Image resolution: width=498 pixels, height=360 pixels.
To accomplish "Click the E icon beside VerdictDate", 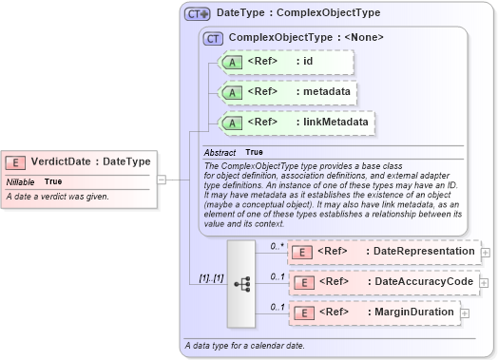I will tap(16, 161).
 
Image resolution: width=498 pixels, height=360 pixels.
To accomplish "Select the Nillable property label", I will tap(21, 180).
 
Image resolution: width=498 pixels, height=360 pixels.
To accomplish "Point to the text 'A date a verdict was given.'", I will tap(58, 197).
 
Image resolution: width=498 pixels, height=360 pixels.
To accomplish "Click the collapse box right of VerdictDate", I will tap(161, 179).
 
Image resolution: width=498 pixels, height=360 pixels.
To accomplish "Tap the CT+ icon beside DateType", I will tap(197, 14).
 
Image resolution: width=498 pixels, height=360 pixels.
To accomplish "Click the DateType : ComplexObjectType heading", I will tap(285, 14).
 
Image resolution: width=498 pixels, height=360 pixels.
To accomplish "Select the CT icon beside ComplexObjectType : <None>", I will tap(214, 39).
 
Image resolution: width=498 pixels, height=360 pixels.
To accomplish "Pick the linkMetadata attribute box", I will tap(297, 123).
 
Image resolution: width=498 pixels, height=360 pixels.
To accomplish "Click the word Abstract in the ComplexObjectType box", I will tap(220, 152).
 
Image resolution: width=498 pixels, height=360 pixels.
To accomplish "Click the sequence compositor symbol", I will tap(241, 282).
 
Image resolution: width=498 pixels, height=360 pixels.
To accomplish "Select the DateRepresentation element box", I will tap(384, 252).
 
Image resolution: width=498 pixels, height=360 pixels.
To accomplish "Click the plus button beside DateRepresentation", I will tap(486, 252).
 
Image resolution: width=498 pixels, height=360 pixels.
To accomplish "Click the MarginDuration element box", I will tap(373, 312).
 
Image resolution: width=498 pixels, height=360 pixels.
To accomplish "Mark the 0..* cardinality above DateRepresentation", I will tap(277, 246).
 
